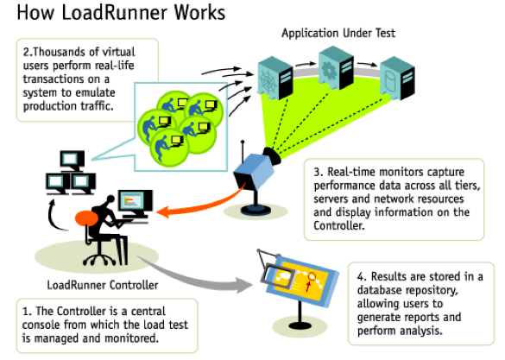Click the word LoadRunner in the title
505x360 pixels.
[114, 12]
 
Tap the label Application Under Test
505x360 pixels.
[338, 33]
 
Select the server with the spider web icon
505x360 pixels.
[275, 78]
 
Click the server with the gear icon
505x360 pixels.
[336, 67]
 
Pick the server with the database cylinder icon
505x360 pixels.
[397, 78]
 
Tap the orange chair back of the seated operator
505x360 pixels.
[86, 218]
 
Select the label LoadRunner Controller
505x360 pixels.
[103, 285]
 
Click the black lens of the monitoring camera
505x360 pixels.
[273, 155]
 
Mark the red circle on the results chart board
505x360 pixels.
[312, 276]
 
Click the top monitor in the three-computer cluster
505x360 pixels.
[73, 160]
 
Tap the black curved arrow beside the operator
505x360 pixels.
[56, 216]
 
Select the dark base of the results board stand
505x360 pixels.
[300, 326]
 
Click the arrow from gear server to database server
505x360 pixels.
[367, 64]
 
